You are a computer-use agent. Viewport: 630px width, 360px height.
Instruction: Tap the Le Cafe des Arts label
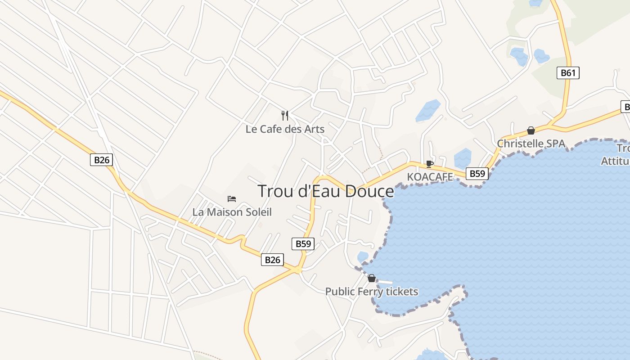point(285,129)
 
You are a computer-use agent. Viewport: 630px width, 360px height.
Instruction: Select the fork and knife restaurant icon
point(284,116)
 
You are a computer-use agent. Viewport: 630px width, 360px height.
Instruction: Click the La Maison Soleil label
point(232,212)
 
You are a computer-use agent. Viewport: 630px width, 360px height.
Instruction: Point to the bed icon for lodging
point(232,198)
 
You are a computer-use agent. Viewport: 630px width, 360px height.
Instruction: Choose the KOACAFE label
point(430,177)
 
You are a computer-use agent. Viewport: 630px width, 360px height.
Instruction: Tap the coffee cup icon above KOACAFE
point(429,164)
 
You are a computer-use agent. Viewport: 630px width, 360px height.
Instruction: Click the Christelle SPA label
point(531,144)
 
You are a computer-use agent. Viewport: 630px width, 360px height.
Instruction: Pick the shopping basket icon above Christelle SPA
point(531,130)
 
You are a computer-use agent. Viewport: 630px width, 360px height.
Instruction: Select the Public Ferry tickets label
point(372,292)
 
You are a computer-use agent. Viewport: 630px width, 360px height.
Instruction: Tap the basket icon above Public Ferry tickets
point(372,279)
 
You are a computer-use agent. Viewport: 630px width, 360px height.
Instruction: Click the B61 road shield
point(568,73)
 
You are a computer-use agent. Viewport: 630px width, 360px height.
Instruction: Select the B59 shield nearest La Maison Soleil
point(303,244)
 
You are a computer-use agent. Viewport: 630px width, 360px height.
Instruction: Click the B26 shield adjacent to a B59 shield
point(272,260)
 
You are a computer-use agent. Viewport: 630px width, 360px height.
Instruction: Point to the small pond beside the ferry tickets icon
point(363,257)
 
